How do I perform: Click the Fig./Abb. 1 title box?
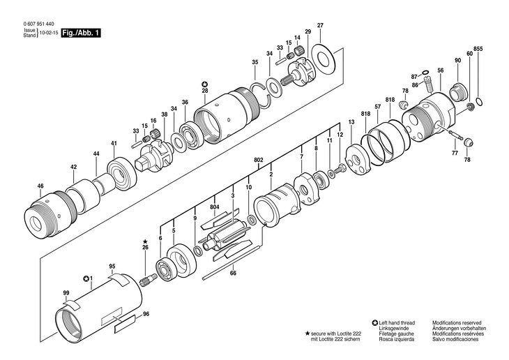pyautogui.click(x=81, y=33)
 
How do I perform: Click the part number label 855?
pyautogui.click(x=478, y=49)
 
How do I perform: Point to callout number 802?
pyautogui.click(x=259, y=160)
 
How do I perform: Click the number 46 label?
pyautogui.click(x=40, y=186)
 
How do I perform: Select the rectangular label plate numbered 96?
pyautogui.click(x=125, y=324)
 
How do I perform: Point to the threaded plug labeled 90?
pyautogui.click(x=458, y=91)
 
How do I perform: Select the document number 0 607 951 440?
pyautogui.click(x=38, y=24)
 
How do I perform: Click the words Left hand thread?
pyautogui.click(x=397, y=323)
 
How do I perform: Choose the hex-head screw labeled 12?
pyautogui.click(x=340, y=169)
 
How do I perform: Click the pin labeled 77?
pyautogui.click(x=457, y=135)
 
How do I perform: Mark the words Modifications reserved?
pyautogui.click(x=457, y=323)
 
